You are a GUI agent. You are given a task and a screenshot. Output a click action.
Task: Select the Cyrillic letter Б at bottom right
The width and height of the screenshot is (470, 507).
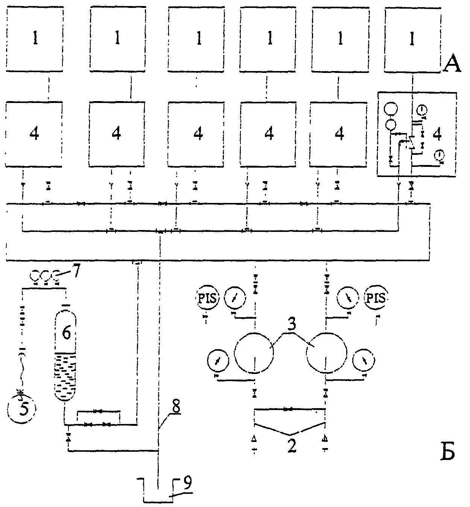[448, 452]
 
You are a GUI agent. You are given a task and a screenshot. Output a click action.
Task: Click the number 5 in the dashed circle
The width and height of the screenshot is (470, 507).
[23, 407]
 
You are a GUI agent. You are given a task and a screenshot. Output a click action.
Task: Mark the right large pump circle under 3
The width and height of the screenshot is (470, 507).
[327, 353]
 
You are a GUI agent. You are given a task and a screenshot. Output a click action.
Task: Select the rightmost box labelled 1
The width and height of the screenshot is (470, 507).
[413, 39]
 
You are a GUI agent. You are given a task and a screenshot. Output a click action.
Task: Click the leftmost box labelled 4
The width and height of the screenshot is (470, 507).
[34, 134]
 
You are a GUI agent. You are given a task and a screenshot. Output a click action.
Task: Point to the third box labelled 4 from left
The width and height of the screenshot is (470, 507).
[196, 134]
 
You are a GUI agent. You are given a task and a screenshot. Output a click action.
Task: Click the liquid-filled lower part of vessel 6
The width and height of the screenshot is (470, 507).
[65, 377]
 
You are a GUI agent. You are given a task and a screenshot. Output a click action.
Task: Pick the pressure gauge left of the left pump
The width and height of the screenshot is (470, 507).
[218, 360]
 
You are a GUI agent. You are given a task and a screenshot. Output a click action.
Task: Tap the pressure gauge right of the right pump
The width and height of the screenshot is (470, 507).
[364, 360]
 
